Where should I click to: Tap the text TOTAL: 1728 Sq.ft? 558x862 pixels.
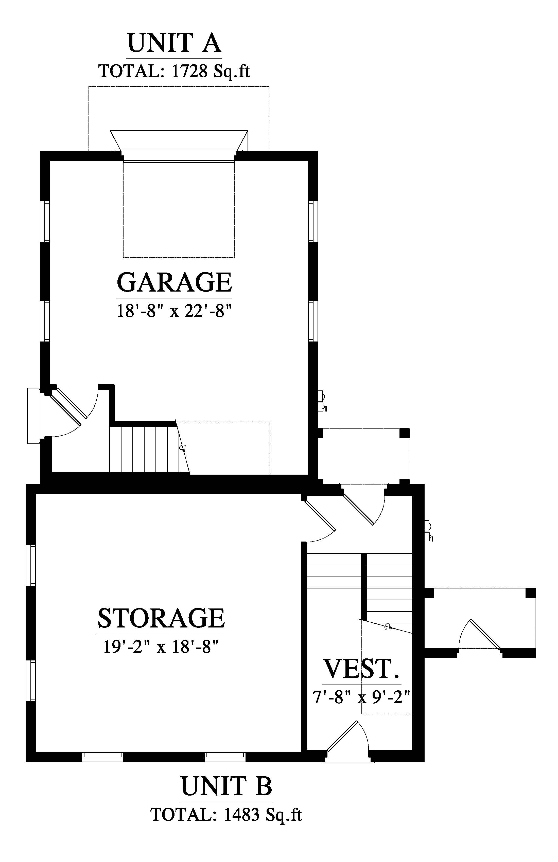point(174,71)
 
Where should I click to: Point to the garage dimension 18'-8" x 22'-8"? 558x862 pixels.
point(174,311)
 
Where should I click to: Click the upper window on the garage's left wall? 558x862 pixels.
point(47,221)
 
